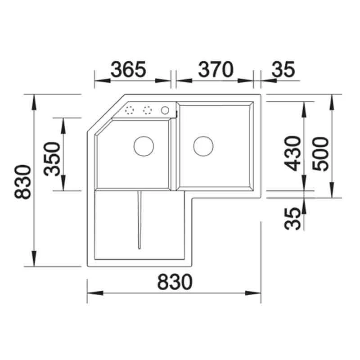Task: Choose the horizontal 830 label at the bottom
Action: tap(175, 282)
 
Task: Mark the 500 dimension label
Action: tap(321, 153)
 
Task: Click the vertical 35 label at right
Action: tap(293, 218)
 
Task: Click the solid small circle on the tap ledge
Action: tap(165, 110)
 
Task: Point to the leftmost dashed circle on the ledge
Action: tap(130, 110)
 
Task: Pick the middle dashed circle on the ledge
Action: tap(147, 110)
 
